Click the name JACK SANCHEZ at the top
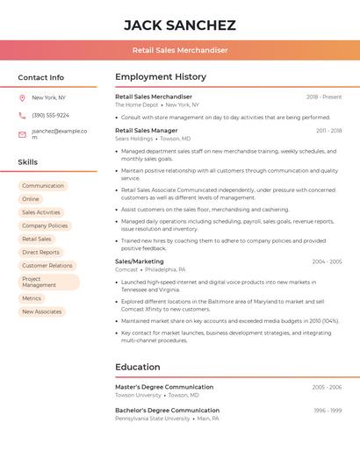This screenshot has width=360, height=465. [x=180, y=25]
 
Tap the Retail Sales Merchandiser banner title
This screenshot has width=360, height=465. [x=180, y=50]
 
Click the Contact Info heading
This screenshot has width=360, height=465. [x=40, y=77]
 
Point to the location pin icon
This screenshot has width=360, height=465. [x=22, y=97]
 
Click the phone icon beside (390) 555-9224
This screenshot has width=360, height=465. [x=22, y=115]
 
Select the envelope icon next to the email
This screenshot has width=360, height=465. [x=22, y=134]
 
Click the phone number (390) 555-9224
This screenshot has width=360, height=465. [x=50, y=115]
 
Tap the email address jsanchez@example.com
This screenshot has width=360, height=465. [x=59, y=134]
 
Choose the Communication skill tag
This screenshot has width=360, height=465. [x=43, y=186]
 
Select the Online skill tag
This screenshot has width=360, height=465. [x=31, y=199]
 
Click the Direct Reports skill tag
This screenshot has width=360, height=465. [x=41, y=252]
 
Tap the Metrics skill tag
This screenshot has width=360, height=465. [x=32, y=298]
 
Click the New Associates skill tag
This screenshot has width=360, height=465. [x=42, y=311]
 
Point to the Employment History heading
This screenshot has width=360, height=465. [x=161, y=77]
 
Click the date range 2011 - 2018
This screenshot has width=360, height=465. [x=329, y=131]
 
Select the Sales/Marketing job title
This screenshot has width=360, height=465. [x=140, y=261]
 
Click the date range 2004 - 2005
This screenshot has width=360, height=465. [x=327, y=261]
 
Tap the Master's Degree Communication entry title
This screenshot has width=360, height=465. [x=164, y=387]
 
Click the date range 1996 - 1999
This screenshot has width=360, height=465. [x=328, y=411]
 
